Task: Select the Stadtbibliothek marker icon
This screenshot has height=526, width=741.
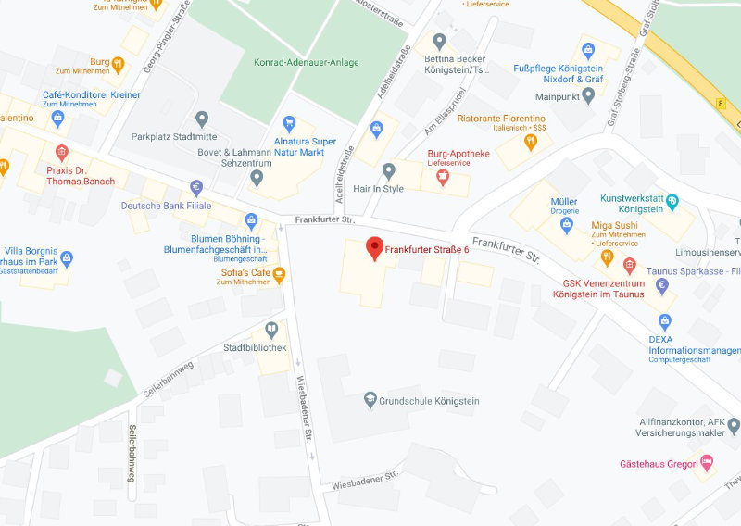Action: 271,329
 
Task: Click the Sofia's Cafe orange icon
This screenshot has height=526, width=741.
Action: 279,273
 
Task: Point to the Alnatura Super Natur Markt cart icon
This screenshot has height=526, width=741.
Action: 290,122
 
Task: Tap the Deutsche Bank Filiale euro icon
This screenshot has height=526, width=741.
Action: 196,187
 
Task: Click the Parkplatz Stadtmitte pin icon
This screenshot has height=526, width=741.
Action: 202,119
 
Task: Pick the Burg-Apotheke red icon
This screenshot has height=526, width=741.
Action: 442,176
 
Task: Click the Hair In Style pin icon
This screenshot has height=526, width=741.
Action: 389,170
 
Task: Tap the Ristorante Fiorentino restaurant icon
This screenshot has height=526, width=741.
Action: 531,142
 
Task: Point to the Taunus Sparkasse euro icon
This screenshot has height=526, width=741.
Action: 661,285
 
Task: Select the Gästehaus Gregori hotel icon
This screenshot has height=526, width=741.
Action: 707,461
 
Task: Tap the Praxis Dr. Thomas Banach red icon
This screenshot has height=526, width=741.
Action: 62,152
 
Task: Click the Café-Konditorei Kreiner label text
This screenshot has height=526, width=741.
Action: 92,95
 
